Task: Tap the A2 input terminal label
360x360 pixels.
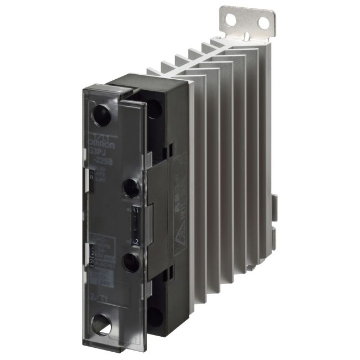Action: coord(135,241)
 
